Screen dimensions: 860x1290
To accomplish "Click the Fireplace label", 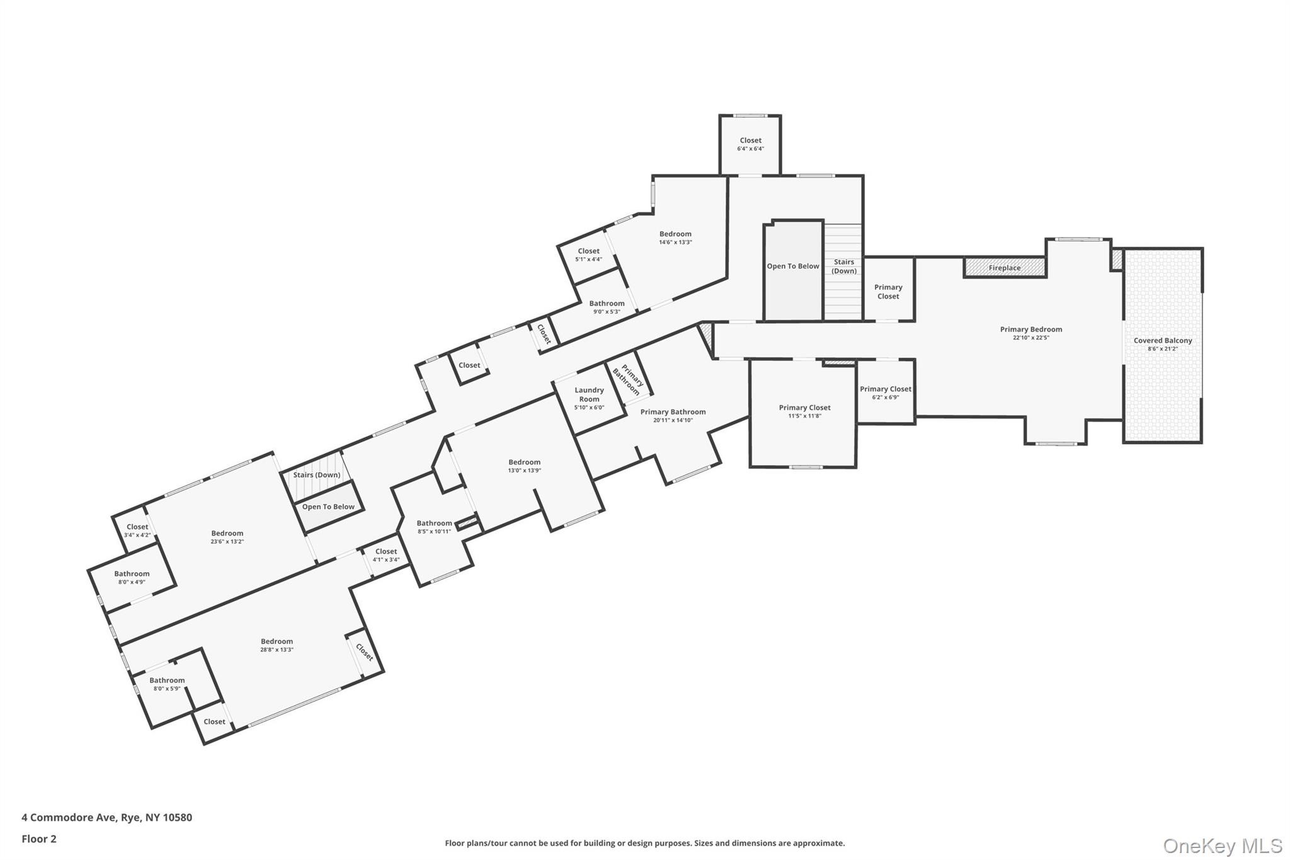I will coord(1004,268).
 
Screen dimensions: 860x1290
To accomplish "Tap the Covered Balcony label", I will coord(1163,341).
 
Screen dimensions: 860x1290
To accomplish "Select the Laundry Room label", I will coord(589,394).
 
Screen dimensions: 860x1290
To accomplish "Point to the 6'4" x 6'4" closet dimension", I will coord(750,149).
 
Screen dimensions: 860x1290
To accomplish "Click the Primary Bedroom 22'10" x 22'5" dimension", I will coord(1030,338).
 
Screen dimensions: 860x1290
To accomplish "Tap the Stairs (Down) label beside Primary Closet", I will coord(843,266).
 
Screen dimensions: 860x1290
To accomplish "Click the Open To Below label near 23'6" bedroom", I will coord(328,507).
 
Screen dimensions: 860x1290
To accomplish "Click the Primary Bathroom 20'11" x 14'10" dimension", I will coord(673,420).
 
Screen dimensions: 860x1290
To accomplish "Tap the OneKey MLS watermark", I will coord(1222,846).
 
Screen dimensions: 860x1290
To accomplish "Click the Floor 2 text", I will coord(39,839).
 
